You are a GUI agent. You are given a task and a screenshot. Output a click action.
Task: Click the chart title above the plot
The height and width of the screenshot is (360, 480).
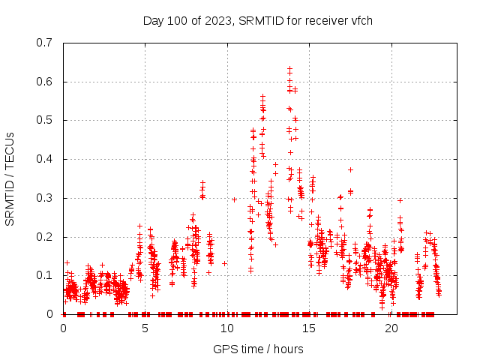(257, 20)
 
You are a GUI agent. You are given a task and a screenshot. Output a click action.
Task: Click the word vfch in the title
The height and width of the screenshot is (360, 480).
(360, 20)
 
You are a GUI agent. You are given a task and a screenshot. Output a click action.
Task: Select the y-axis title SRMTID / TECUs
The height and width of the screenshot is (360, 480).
(10, 179)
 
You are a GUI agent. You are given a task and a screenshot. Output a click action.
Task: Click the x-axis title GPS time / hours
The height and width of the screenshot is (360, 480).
(257, 349)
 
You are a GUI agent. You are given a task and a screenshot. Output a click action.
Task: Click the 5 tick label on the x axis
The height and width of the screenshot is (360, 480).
(145, 328)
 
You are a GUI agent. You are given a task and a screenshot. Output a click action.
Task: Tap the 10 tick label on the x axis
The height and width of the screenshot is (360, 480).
(227, 328)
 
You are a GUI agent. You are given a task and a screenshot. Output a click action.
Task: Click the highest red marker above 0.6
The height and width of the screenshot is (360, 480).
(289, 68)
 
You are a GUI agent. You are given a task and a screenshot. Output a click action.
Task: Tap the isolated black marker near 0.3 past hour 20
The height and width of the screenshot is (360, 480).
(400, 200)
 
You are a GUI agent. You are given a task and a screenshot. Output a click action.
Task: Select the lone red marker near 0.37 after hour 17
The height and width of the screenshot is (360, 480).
(350, 169)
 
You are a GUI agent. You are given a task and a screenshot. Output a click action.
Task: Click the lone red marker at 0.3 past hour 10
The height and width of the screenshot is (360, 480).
(235, 199)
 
